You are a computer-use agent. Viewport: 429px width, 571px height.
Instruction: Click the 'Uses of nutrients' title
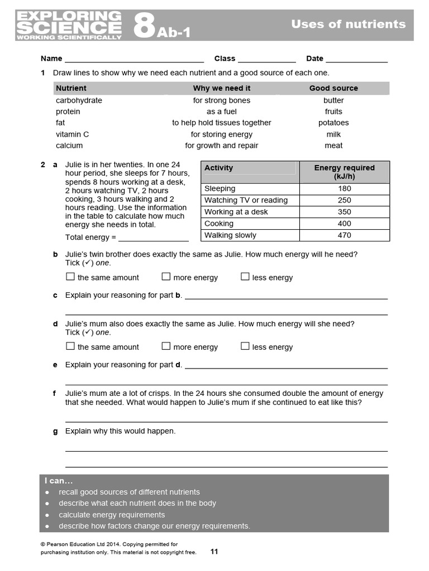(x=348, y=24)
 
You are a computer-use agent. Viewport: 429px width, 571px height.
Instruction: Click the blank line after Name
(x=134, y=59)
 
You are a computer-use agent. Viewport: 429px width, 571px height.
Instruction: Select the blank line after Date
(x=356, y=59)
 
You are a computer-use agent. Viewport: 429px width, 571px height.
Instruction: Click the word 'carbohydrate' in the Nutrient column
(x=79, y=100)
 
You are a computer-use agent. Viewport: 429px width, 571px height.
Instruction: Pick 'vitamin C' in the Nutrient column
(x=72, y=134)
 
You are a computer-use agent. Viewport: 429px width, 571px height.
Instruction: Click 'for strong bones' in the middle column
(x=222, y=100)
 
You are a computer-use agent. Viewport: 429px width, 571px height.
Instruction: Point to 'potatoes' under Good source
(x=333, y=123)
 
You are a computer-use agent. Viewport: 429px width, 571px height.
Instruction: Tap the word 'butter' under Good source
(x=333, y=100)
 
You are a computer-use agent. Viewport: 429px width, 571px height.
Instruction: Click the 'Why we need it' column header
(x=222, y=88)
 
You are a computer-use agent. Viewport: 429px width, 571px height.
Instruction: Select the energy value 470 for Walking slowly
(x=345, y=235)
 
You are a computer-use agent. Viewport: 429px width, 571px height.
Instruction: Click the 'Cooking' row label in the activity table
(x=219, y=224)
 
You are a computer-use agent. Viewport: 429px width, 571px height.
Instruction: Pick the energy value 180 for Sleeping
(x=345, y=188)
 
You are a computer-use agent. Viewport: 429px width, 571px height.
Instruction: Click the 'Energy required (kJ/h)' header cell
(x=345, y=172)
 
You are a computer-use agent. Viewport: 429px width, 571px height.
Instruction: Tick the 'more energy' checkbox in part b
(x=166, y=277)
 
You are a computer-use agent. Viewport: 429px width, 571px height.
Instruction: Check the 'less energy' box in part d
(x=245, y=346)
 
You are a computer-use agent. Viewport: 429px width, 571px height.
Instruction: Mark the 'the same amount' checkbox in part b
(x=70, y=277)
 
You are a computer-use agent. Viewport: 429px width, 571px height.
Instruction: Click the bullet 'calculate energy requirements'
(x=112, y=515)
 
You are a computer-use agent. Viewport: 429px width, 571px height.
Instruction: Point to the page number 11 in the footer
(x=214, y=551)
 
